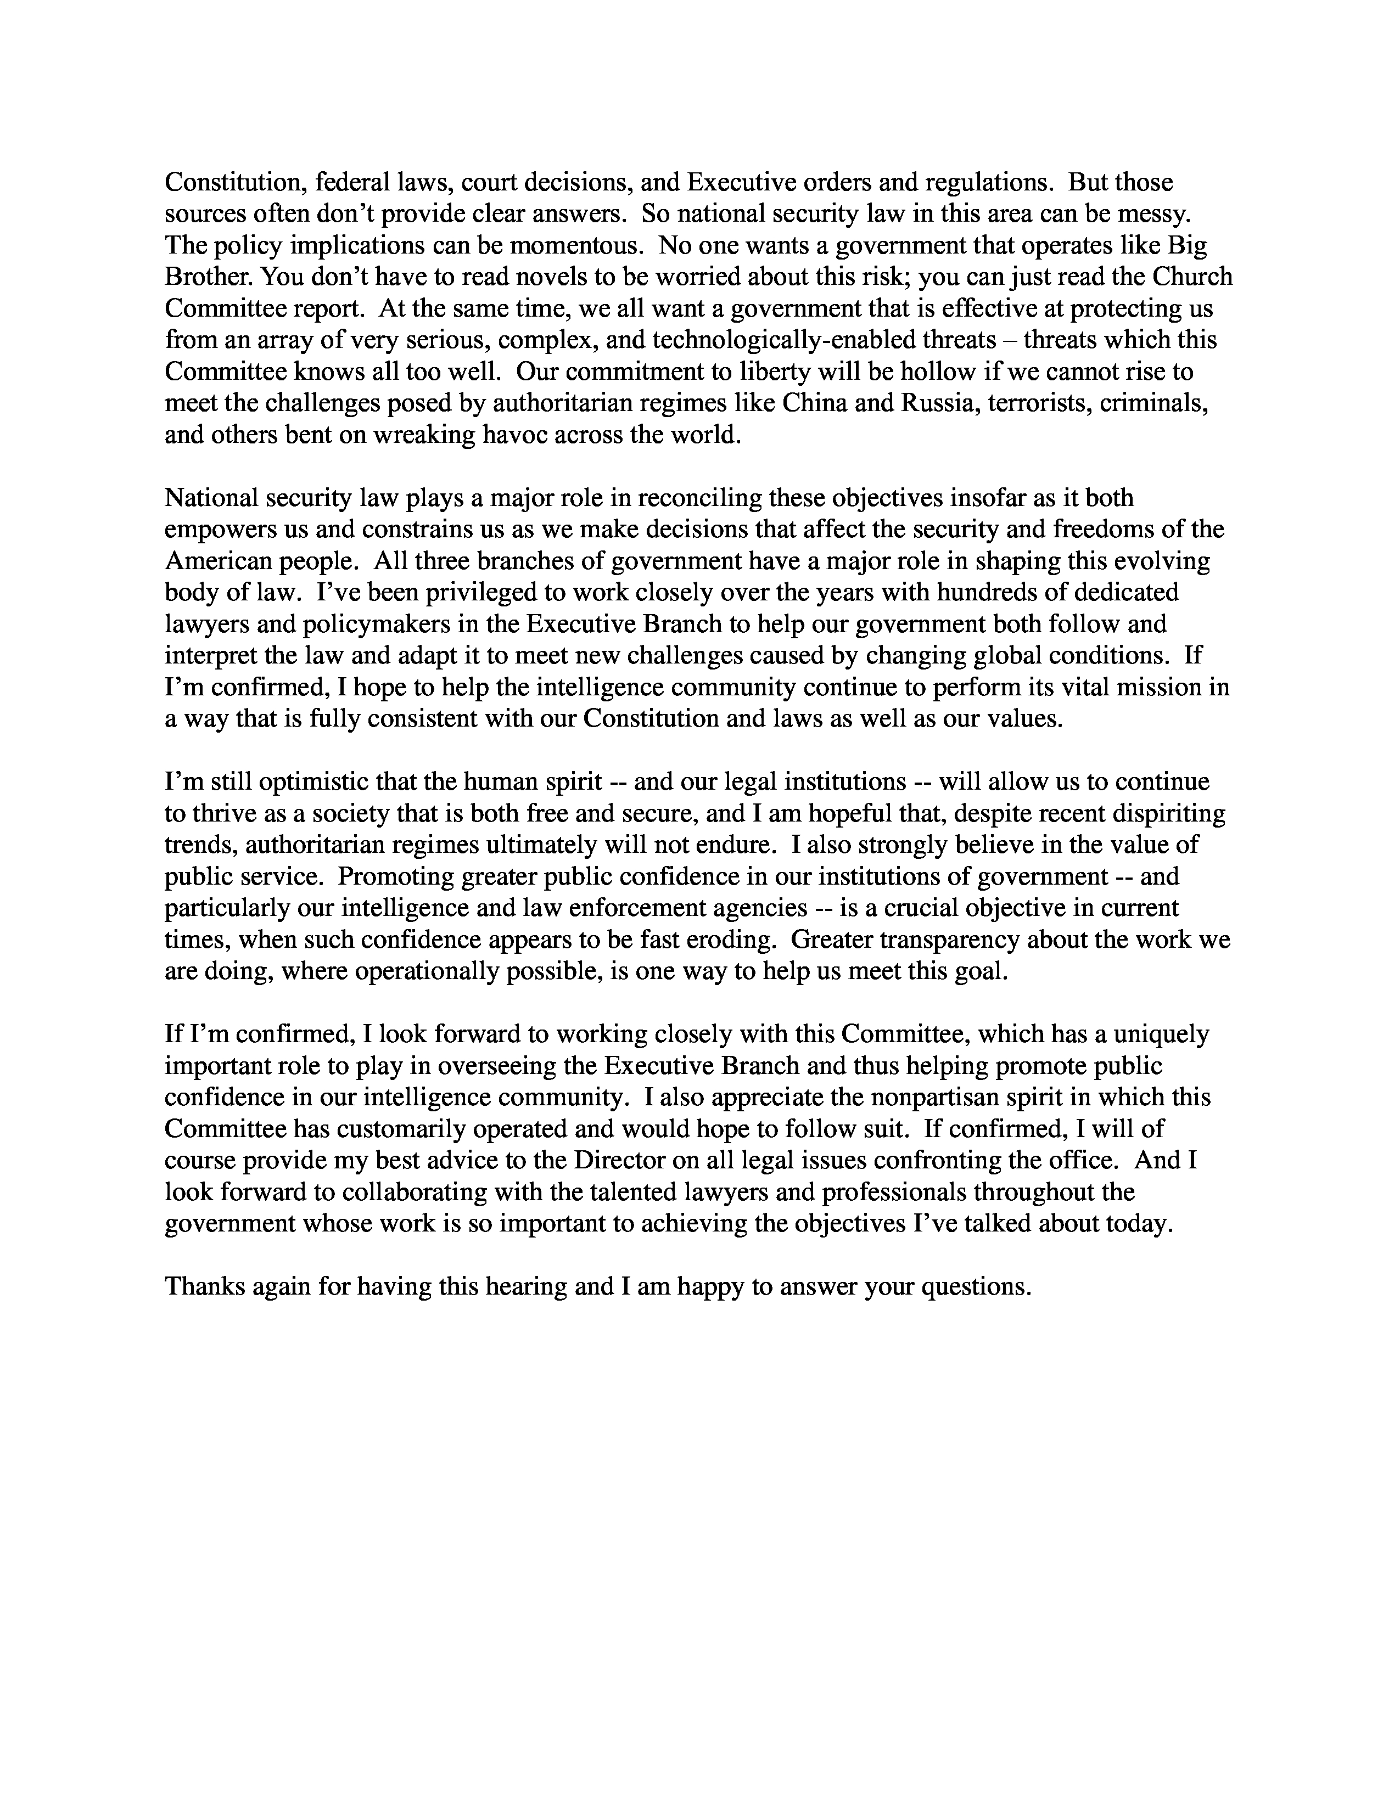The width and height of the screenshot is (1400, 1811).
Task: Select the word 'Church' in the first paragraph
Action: (x=1189, y=277)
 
